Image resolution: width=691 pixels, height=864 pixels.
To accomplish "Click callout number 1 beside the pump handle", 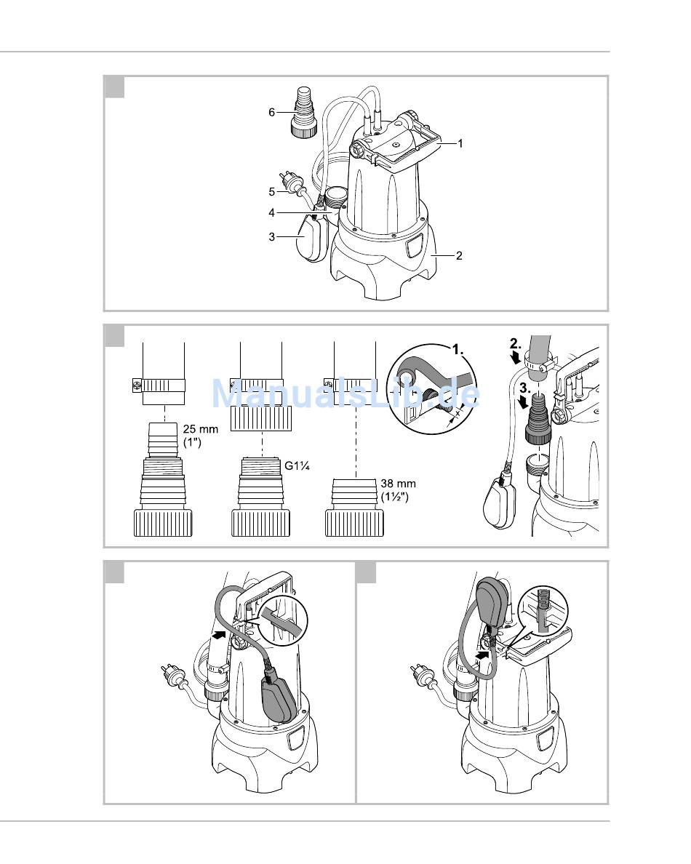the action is [460, 144].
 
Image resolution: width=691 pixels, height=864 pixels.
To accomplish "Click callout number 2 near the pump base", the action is [459, 256].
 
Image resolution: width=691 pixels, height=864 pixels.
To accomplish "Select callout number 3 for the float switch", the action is [271, 237].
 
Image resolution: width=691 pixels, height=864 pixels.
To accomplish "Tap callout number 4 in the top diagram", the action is [271, 212].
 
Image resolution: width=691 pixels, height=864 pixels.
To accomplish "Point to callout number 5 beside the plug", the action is [271, 192].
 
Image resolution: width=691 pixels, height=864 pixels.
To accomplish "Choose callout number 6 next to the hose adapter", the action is [271, 113].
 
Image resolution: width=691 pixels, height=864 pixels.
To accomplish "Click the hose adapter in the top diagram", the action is [303, 113].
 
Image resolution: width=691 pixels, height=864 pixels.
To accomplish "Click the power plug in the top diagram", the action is [290, 181].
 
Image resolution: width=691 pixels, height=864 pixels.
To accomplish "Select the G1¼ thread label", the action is [297, 465].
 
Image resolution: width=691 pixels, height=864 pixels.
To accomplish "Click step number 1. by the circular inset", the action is [458, 349].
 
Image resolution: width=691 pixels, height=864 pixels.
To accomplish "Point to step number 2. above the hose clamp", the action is [515, 344].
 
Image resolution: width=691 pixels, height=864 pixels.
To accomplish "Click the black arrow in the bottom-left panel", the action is [220, 635].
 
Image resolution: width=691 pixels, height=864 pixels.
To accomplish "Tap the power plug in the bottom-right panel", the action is [420, 675].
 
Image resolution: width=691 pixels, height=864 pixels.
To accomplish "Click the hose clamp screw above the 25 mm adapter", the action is [137, 385].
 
